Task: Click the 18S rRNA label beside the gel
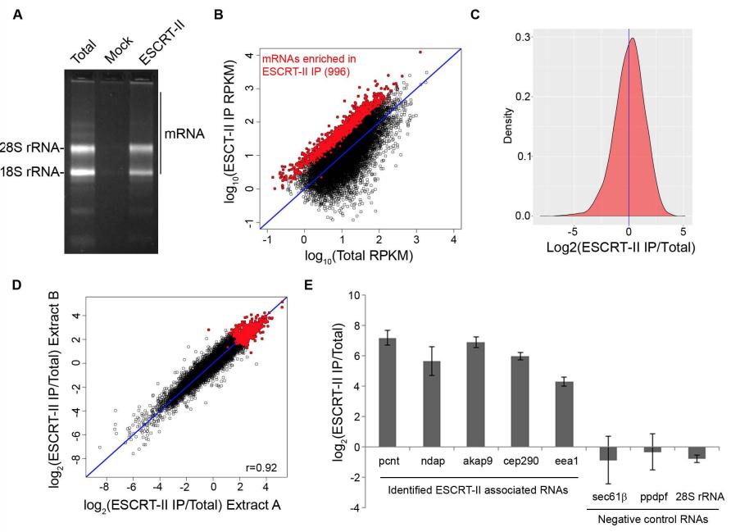30,173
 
